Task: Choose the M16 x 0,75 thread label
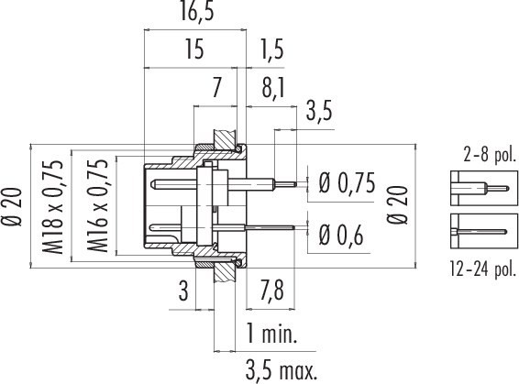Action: tap(101, 205)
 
